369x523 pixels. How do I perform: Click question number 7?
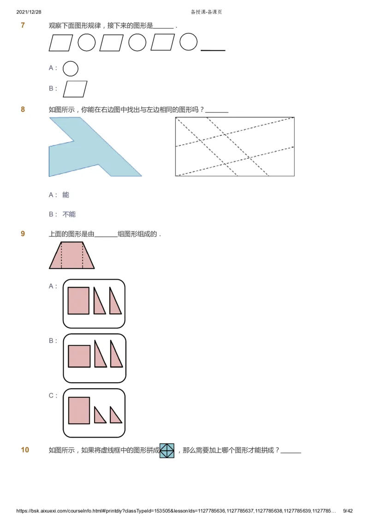point(23,25)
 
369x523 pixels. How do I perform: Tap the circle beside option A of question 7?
point(70,69)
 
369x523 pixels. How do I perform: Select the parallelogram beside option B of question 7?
point(75,89)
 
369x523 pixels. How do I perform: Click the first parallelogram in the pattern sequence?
point(61,43)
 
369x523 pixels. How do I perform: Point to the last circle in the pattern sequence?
point(188,42)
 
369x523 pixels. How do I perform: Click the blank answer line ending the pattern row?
point(213,49)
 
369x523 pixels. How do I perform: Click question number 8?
point(23,109)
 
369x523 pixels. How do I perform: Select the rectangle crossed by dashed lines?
point(235,147)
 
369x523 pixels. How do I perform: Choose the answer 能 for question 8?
point(65,195)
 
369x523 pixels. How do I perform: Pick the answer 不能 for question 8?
point(69,214)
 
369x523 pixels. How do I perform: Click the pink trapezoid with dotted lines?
point(72,255)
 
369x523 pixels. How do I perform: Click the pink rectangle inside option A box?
point(78,301)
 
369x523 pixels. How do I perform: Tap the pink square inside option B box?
point(79,356)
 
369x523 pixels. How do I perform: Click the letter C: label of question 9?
point(53,396)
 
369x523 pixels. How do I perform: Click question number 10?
point(25,450)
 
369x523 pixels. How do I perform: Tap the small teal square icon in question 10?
point(167,451)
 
